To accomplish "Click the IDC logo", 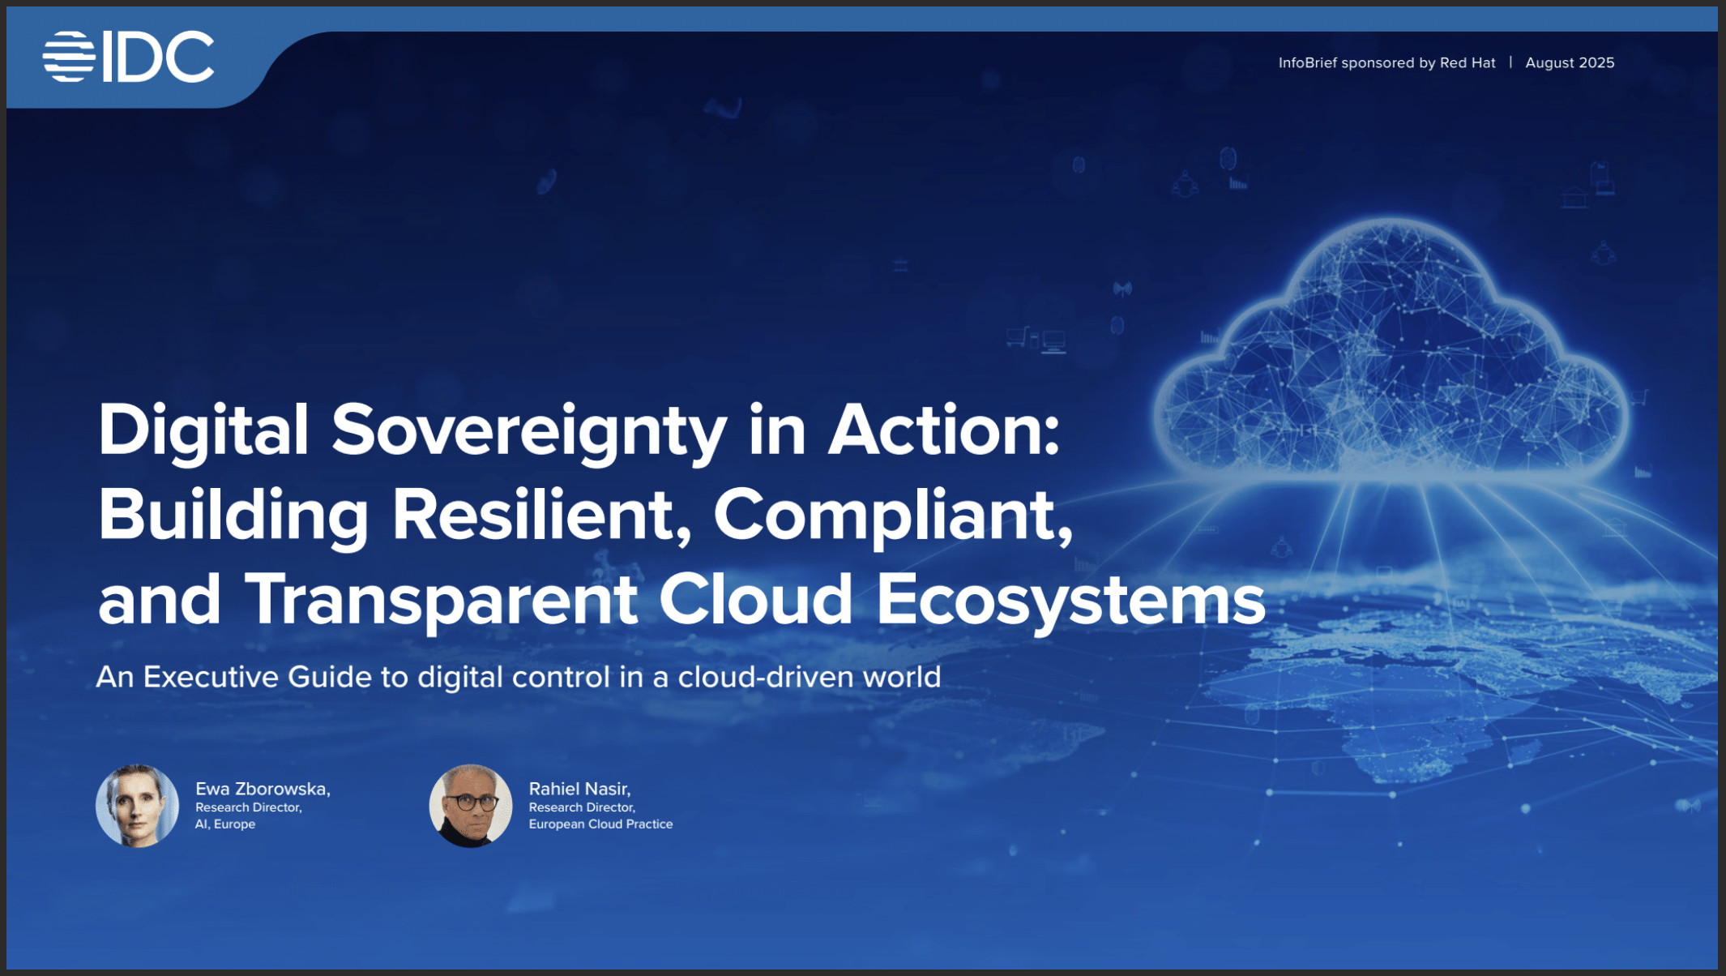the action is [128, 57].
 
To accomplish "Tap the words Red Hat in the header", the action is [1468, 62].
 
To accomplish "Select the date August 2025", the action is [1570, 62].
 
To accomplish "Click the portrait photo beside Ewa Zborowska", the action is [137, 806].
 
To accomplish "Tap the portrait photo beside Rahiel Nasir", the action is [471, 806].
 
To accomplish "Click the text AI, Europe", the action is [225, 824].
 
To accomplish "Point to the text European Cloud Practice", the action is [600, 824].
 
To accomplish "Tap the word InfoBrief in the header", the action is [1307, 62].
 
